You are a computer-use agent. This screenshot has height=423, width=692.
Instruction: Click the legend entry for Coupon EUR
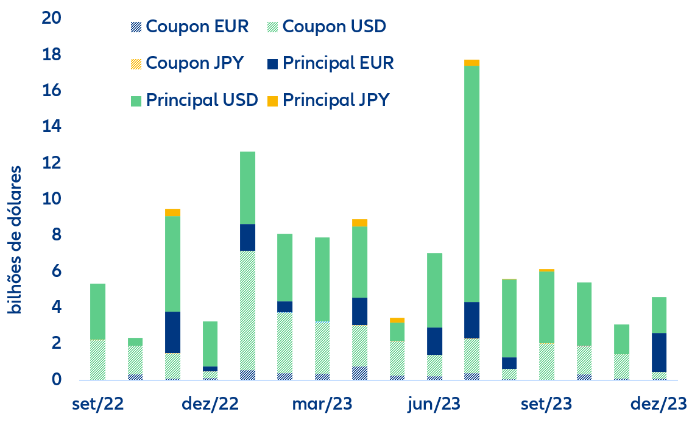click(x=189, y=27)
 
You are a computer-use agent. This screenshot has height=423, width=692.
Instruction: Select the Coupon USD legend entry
click(x=327, y=27)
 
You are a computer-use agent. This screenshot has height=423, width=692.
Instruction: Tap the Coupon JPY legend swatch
click(x=136, y=63)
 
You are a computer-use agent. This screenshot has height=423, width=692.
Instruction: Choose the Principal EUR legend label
click(x=338, y=63)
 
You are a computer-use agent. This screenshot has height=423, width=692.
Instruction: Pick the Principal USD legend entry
click(x=194, y=99)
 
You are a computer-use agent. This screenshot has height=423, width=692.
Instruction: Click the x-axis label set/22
click(x=97, y=404)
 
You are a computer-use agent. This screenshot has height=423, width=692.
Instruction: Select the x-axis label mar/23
click(x=322, y=404)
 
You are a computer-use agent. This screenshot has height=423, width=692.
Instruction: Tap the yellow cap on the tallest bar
click(x=471, y=62)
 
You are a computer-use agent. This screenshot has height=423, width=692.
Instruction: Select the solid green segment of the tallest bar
click(x=471, y=183)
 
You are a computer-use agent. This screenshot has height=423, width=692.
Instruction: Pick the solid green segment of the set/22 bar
click(x=97, y=311)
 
